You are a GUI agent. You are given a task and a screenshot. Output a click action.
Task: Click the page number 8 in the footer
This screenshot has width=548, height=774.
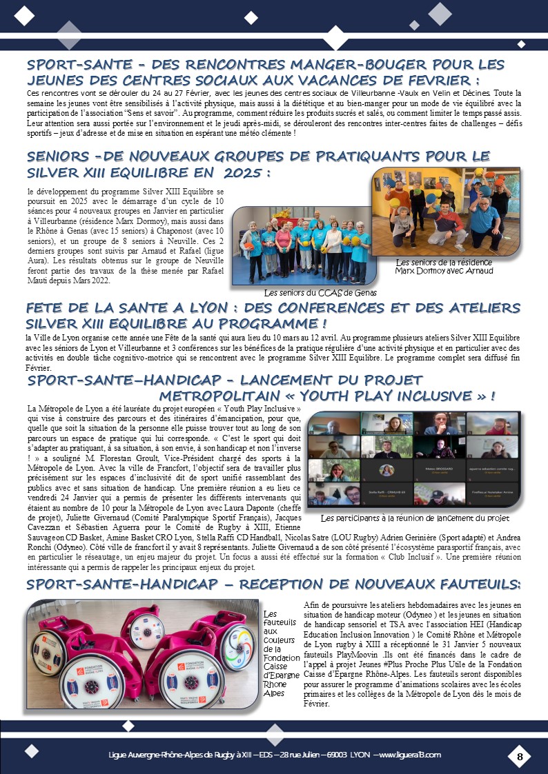point(520,757)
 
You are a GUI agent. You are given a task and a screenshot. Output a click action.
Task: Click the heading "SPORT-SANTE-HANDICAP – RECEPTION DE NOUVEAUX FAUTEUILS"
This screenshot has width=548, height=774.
point(273,584)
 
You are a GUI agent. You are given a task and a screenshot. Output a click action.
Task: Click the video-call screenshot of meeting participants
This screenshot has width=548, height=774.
point(413,460)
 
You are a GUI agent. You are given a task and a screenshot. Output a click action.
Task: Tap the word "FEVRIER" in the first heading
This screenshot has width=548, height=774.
point(437,81)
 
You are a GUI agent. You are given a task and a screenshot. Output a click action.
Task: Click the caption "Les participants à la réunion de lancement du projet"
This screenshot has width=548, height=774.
point(415,518)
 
